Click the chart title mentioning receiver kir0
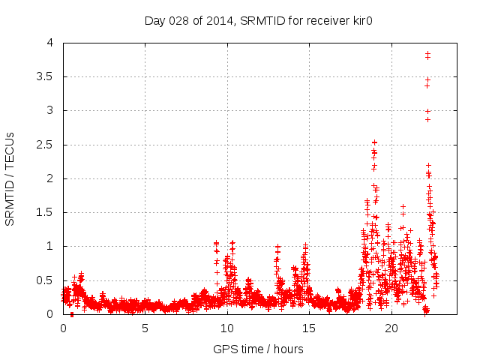pyautogui.click(x=259, y=20)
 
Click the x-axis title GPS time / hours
pyautogui.click(x=258, y=349)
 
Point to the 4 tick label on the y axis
pyautogui.click(x=49, y=43)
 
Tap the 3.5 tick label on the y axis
pyautogui.click(x=45, y=76)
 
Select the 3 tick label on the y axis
pyautogui.click(x=49, y=110)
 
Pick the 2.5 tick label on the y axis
pyautogui.click(x=45, y=145)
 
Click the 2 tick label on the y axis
pyautogui.click(x=49, y=178)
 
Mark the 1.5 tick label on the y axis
pyautogui.click(x=45, y=212)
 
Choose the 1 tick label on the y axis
pyautogui.click(x=49, y=246)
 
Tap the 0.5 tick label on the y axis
pyautogui.click(x=45, y=280)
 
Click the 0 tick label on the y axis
pyautogui.click(x=49, y=314)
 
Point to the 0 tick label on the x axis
pyautogui.click(x=63, y=328)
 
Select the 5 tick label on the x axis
pyautogui.click(x=145, y=328)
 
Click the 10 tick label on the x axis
pyautogui.click(x=227, y=328)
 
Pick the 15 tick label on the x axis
pyautogui.click(x=309, y=328)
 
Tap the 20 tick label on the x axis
pyautogui.click(x=391, y=328)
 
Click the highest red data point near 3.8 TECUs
pyautogui.click(x=427, y=53)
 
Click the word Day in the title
pyautogui.click(x=154, y=20)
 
